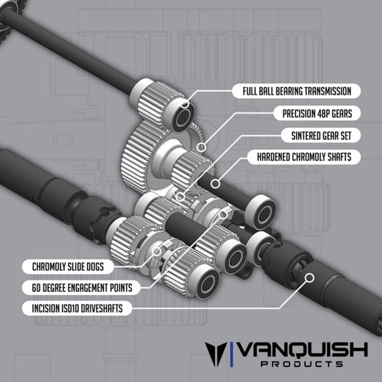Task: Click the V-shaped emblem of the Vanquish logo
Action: [214, 354]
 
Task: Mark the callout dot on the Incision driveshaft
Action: [310, 276]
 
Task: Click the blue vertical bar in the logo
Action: [232, 354]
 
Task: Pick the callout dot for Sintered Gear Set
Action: [180, 196]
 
